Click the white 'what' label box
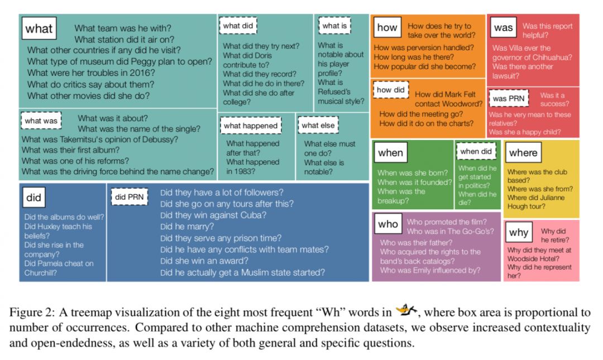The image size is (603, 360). (x=39, y=28)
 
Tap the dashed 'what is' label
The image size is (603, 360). (x=334, y=26)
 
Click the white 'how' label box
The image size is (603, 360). (x=387, y=27)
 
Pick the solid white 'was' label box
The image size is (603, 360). (x=503, y=27)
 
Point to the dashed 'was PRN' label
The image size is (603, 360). (x=507, y=99)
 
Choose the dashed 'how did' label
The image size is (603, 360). (x=391, y=90)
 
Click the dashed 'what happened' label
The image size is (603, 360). (x=251, y=126)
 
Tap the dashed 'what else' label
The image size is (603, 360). (x=318, y=126)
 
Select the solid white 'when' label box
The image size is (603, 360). (x=390, y=152)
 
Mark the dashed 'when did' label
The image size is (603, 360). (x=476, y=151)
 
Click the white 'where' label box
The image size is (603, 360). (x=523, y=152)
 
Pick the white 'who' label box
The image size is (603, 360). (x=387, y=224)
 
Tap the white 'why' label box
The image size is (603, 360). (x=519, y=233)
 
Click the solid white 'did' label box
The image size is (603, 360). (x=33, y=198)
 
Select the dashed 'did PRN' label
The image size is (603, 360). (x=129, y=197)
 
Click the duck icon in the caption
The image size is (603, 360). (x=405, y=311)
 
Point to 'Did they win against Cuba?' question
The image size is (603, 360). (x=213, y=215)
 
